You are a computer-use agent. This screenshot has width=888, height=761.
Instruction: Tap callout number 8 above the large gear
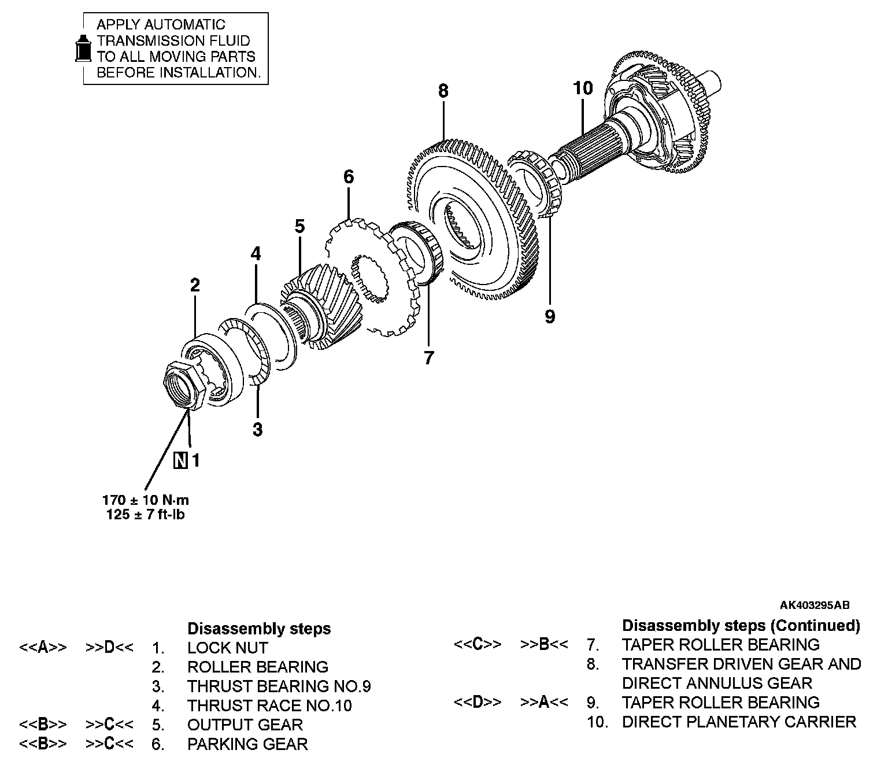pyautogui.click(x=443, y=91)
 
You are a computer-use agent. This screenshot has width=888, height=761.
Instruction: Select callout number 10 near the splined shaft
pyautogui.click(x=583, y=88)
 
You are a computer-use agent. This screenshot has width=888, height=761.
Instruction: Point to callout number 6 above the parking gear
pyautogui.click(x=348, y=176)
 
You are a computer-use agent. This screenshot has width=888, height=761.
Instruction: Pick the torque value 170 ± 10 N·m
pyautogui.click(x=146, y=500)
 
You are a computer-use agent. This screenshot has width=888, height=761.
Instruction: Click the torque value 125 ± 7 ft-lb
pyautogui.click(x=146, y=515)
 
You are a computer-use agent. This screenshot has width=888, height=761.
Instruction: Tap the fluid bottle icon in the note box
pyautogui.click(x=84, y=48)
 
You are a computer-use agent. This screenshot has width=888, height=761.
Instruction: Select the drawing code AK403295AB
pyautogui.click(x=814, y=605)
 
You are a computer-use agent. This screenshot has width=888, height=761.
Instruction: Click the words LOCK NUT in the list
pyautogui.click(x=227, y=648)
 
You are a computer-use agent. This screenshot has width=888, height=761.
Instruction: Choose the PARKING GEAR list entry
pyautogui.click(x=247, y=744)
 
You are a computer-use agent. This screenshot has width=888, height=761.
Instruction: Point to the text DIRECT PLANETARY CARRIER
pyautogui.click(x=739, y=722)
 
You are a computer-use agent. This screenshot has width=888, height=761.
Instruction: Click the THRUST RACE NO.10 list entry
pyautogui.click(x=269, y=705)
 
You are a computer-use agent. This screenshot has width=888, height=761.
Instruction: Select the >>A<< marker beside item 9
pyautogui.click(x=544, y=703)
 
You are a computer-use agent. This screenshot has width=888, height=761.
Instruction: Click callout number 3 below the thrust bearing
pyautogui.click(x=258, y=430)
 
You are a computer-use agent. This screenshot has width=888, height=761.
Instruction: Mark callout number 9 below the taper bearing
pyautogui.click(x=549, y=316)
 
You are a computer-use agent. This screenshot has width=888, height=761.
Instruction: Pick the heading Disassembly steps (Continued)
pyautogui.click(x=741, y=625)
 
